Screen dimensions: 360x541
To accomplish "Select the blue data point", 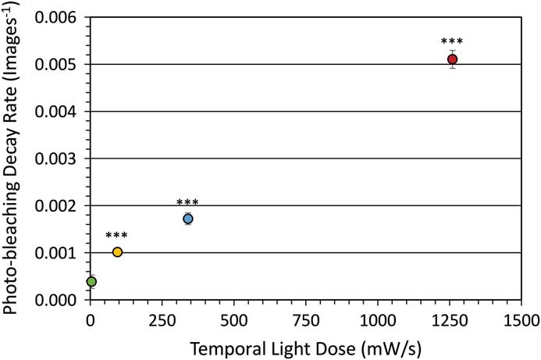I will [188, 219].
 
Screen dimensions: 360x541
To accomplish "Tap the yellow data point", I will [117, 251].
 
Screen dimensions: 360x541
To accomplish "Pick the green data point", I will [91, 281].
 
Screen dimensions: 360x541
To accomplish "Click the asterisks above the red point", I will [452, 42].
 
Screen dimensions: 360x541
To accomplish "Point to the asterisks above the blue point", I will [188, 203].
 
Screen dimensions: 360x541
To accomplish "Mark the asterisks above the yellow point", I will [117, 236].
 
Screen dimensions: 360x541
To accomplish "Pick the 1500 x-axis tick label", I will [521, 320].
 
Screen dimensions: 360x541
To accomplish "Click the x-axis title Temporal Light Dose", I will [306, 346].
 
